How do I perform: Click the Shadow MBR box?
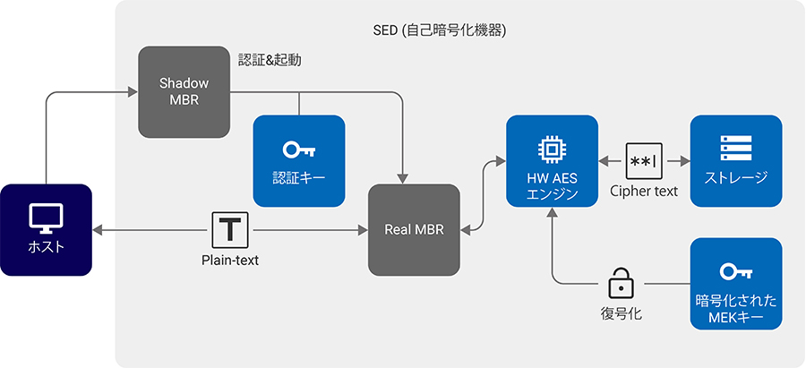[184, 92]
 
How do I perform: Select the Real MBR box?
[414, 230]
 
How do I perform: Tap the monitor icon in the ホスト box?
[46, 219]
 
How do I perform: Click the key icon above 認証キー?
[298, 150]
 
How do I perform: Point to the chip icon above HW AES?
[552, 150]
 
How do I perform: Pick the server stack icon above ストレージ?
[736, 148]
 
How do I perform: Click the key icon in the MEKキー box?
[736, 272]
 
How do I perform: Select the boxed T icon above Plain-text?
[230, 230]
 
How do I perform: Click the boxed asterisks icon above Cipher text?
[644, 161]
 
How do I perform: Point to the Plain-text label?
[230, 261]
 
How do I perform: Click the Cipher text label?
[644, 192]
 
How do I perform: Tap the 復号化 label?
[622, 313]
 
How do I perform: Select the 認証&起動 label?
[270, 61]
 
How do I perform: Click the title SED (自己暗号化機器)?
[440, 30]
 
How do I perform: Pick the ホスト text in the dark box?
[46, 247]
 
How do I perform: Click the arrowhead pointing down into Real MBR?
[402, 178]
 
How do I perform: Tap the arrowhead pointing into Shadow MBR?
[133, 92]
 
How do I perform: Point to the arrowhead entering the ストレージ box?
[684, 161]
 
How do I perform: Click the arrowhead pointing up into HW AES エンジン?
[552, 213]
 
